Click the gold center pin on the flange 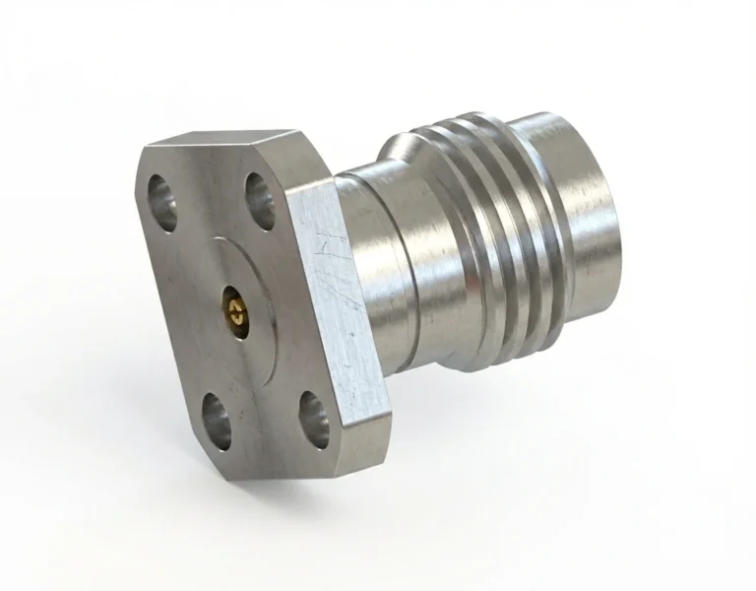point(232,311)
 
